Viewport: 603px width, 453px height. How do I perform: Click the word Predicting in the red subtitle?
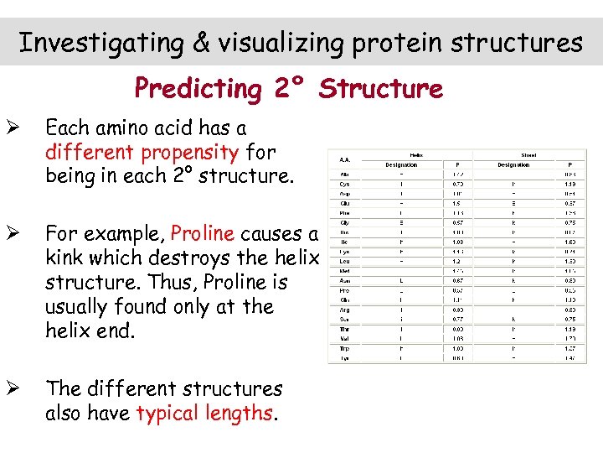click(198, 88)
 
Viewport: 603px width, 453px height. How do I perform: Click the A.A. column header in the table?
click(344, 159)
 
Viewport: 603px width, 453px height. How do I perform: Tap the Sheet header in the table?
click(528, 154)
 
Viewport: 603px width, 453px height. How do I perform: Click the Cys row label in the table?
click(344, 184)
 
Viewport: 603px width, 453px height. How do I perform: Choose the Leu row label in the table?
click(344, 260)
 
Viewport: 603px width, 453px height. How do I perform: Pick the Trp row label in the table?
click(344, 347)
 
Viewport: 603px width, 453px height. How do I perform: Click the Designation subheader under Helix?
click(401, 164)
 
